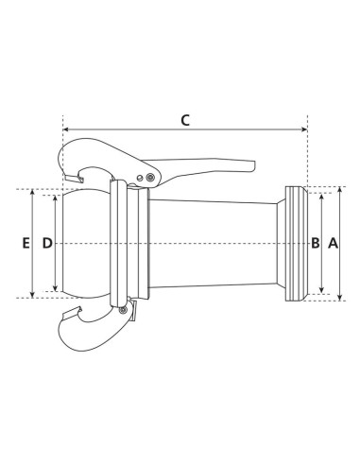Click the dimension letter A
click(x=332, y=243)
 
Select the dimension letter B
click(x=316, y=243)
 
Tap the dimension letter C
click(x=185, y=120)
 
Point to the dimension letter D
click(x=47, y=243)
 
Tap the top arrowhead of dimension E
click(x=35, y=193)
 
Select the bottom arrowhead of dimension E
click(x=35, y=295)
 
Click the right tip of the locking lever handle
click(x=254, y=168)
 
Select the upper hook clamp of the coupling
click(x=85, y=161)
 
